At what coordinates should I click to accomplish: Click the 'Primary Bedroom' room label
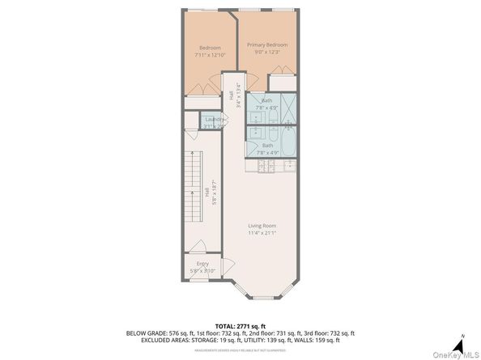pyautogui.click(x=267, y=45)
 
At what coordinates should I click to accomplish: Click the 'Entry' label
pyautogui.click(x=202, y=264)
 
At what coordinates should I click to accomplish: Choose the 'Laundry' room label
pyautogui.click(x=214, y=119)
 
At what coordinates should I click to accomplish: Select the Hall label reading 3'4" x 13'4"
pyautogui.click(x=234, y=95)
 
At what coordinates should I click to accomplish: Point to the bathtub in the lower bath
pyautogui.click(x=287, y=140)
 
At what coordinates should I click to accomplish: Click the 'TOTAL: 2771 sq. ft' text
pyautogui.click(x=240, y=324)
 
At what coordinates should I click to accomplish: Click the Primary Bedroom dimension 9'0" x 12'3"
pyautogui.click(x=267, y=53)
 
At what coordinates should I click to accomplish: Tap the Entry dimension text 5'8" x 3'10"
pyautogui.click(x=202, y=271)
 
